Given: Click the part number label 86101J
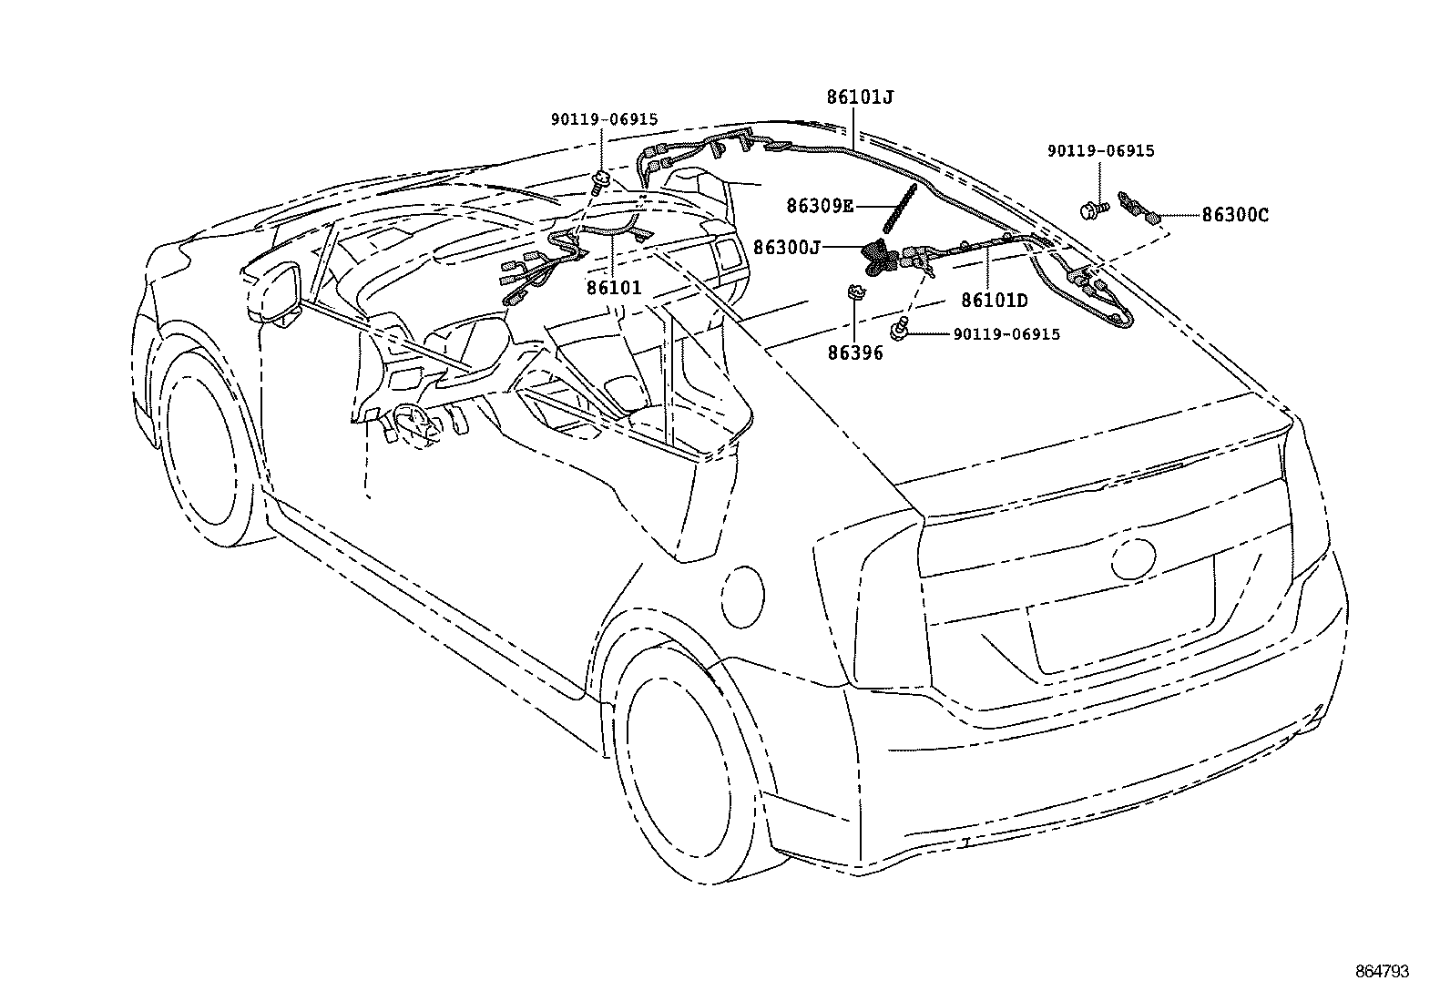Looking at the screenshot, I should [860, 96].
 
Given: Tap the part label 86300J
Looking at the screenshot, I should [788, 246].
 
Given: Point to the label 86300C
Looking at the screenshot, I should [1234, 215].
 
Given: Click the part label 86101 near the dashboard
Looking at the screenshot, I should [614, 288].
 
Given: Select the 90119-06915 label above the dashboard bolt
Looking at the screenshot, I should [604, 119].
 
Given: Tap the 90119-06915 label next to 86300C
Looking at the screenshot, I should [1100, 151].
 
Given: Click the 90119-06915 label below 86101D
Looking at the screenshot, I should [1006, 334].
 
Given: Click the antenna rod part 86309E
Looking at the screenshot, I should [898, 208].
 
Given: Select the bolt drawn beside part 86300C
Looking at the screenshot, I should [1092, 209].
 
